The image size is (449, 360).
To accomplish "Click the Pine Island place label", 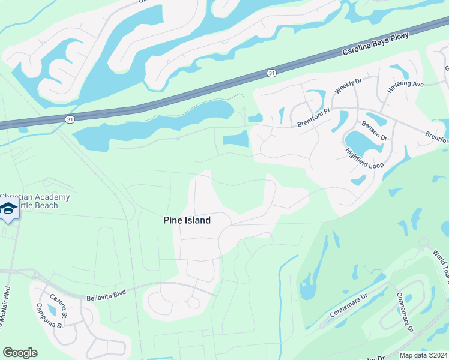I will (187, 220).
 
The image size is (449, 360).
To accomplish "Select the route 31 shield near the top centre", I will (272, 73).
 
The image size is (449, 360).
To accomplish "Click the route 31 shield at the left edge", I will (70, 119).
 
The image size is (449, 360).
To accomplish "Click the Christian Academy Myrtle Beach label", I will (36, 201).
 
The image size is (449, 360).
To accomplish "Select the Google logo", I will (20, 353).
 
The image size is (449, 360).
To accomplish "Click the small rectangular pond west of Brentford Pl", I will (235, 140).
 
